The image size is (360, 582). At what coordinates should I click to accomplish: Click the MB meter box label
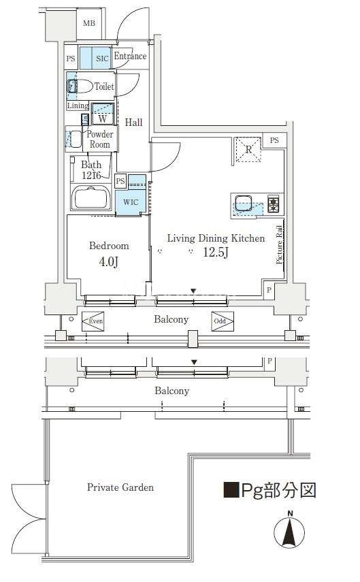click(x=88, y=23)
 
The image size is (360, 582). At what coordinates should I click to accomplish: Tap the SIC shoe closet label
click(x=102, y=59)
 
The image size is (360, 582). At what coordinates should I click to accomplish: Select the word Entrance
click(x=130, y=56)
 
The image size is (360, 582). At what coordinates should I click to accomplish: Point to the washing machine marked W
click(x=103, y=114)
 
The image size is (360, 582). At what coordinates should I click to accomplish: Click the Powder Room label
click(x=99, y=139)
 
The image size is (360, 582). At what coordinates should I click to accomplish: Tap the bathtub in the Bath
click(x=91, y=197)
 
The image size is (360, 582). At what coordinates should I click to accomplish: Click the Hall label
click(x=133, y=122)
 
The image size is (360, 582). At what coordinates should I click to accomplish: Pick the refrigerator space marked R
click(x=248, y=150)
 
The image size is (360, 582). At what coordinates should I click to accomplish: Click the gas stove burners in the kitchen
click(x=274, y=204)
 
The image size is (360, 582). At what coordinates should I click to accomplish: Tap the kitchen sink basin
click(x=243, y=204)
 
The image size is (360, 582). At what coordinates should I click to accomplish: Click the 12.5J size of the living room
click(x=215, y=253)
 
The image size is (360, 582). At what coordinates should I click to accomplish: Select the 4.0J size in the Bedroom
click(x=108, y=262)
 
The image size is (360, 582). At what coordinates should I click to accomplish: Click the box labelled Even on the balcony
click(x=93, y=321)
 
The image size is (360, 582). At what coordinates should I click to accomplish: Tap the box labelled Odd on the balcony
click(x=223, y=321)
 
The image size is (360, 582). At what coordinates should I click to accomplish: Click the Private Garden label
click(x=120, y=487)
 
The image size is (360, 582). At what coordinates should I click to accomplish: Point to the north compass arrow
click(x=289, y=532)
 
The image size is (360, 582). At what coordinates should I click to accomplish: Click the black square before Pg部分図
click(x=231, y=490)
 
